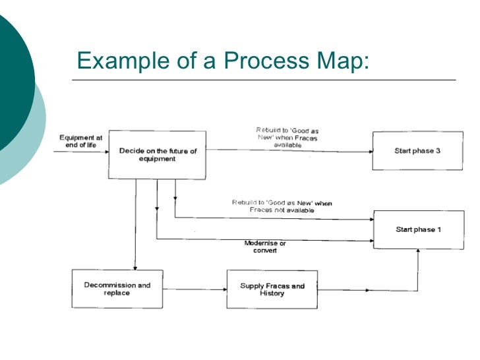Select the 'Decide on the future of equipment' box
pyautogui.click(x=158, y=155)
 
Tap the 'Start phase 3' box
pyautogui.click(x=417, y=151)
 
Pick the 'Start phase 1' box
pyautogui.click(x=417, y=229)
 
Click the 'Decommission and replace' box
pyautogui.click(x=117, y=289)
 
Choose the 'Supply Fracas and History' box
pyautogui.click(x=271, y=289)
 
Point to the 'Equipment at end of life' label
pyautogui.click(x=80, y=141)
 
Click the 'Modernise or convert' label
pyautogui.click(x=265, y=247)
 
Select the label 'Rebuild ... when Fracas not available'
pyautogui.click(x=282, y=206)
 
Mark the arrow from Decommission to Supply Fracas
pyautogui.click(x=195, y=289)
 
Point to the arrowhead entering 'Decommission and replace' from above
pyautogui.click(x=135, y=266)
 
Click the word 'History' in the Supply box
pyautogui.click(x=271, y=293)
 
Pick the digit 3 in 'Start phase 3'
pyautogui.click(x=438, y=151)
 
